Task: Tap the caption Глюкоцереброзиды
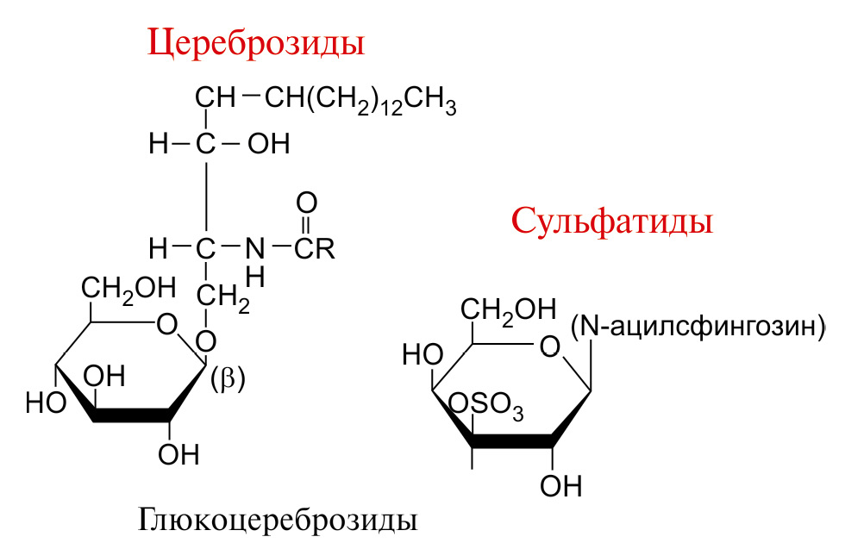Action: point(278,521)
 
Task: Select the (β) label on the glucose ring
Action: point(228,379)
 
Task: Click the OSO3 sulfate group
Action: point(486,404)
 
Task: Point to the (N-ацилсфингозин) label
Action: point(698,327)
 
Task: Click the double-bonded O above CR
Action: point(307,203)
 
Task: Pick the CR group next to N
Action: point(315,248)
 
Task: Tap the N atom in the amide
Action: point(255,248)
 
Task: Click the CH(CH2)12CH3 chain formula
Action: point(360,101)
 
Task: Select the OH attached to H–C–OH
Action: point(268,144)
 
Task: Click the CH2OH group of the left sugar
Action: point(128,290)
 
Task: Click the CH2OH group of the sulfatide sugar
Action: point(508,311)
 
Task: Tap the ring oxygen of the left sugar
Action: point(166,325)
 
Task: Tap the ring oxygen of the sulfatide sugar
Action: point(550,347)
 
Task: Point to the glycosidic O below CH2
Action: point(205,341)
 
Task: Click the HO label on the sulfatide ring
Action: point(422,355)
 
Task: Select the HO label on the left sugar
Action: point(46,403)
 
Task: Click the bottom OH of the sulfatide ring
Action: point(561,486)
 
